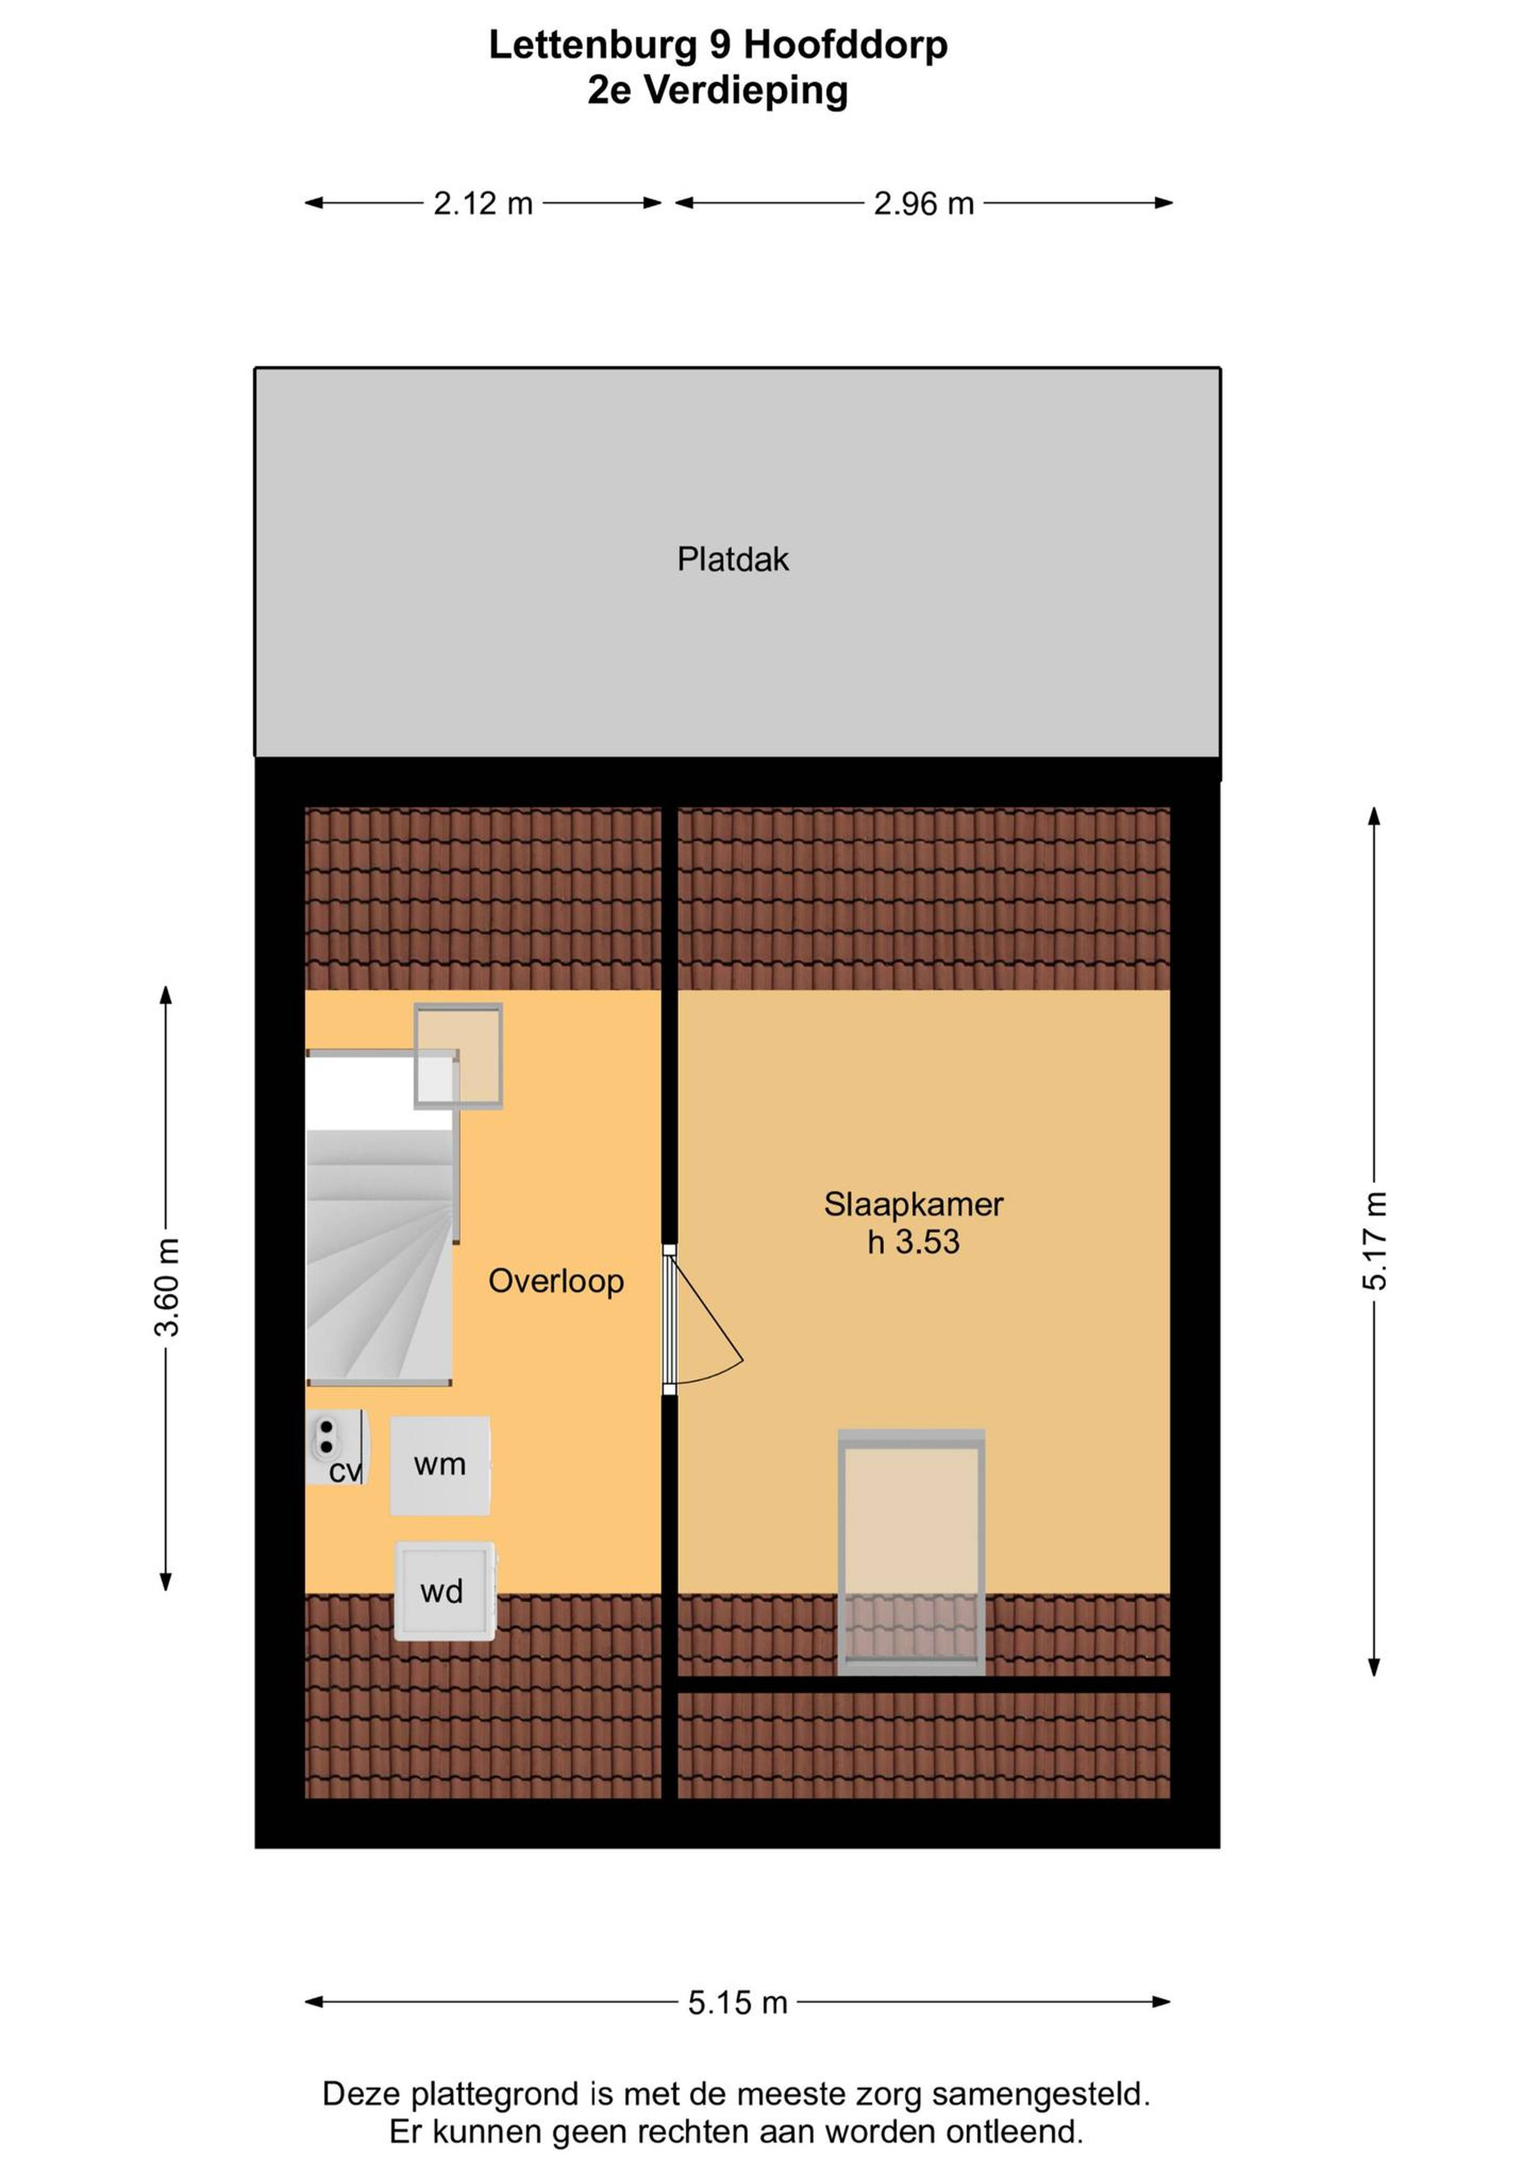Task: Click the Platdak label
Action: [733, 560]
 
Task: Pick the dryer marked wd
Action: [444, 1591]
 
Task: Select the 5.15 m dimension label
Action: [737, 2002]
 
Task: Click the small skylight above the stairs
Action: [458, 1056]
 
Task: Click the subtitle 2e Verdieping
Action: [717, 91]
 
